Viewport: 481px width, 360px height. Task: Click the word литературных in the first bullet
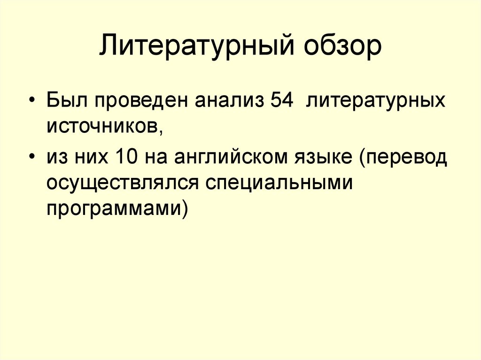376,102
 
